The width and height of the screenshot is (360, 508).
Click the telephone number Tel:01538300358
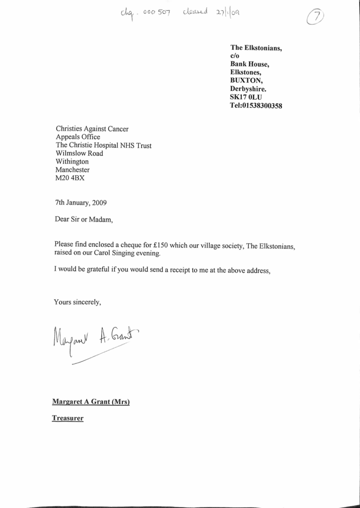[x=256, y=106]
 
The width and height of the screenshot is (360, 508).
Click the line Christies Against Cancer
[x=92, y=129]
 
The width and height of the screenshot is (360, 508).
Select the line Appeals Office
[x=78, y=137]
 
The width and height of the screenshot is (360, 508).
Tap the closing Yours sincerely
[x=78, y=302]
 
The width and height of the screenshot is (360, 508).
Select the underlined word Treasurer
[x=67, y=419]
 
